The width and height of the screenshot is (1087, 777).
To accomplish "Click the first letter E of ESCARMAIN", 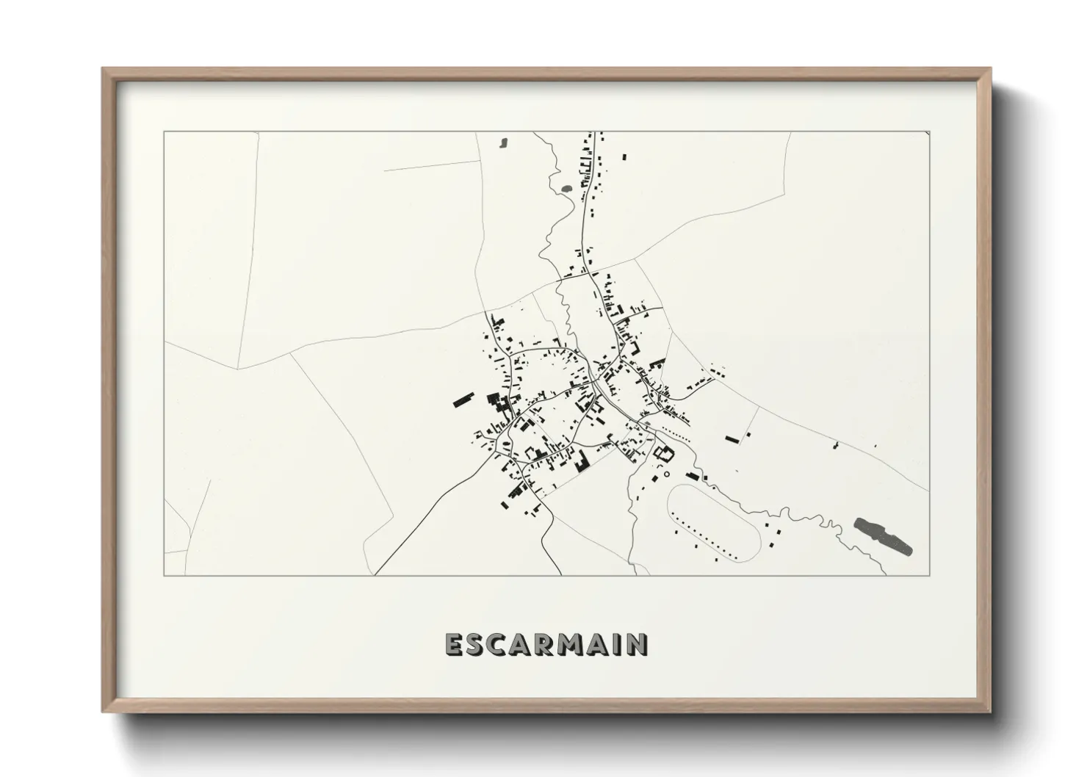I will click(453, 644).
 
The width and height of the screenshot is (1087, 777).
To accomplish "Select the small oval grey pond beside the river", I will click(566, 188).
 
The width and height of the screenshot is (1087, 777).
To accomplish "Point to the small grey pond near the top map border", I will click(503, 142).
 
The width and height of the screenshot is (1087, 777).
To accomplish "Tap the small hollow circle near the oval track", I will click(666, 474).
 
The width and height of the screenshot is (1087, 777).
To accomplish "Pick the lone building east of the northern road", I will click(625, 157).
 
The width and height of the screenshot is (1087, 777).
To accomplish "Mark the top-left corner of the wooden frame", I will click(103, 69).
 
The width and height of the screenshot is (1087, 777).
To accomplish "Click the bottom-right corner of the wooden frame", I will click(990, 711).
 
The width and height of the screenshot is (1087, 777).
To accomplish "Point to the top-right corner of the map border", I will click(929, 132).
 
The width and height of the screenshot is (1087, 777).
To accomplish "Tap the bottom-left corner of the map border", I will click(164, 575).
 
